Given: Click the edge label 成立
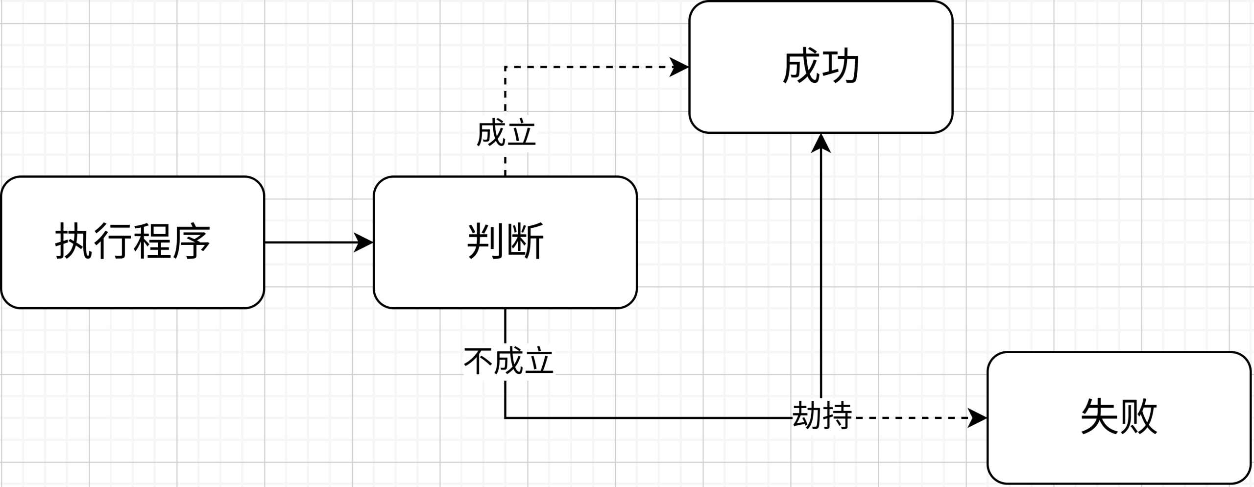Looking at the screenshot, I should pyautogui.click(x=506, y=133).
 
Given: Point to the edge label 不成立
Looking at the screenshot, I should pyautogui.click(x=508, y=362).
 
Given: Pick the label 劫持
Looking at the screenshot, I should pyautogui.click(x=822, y=415).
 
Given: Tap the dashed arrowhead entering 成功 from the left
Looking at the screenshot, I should pyautogui.click(x=680, y=67).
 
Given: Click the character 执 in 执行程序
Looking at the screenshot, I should pyautogui.click(x=73, y=241).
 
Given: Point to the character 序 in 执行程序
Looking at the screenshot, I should pyautogui.click(x=192, y=241).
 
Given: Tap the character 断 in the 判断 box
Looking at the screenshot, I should pyautogui.click(x=526, y=241).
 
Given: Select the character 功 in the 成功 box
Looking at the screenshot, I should pyautogui.click(x=841, y=67).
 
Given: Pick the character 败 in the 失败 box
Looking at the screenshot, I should pyautogui.click(x=1139, y=416).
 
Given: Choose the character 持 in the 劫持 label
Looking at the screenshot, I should pyautogui.click(x=838, y=415).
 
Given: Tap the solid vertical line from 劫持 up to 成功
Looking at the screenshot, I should pyautogui.click(x=821, y=269).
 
